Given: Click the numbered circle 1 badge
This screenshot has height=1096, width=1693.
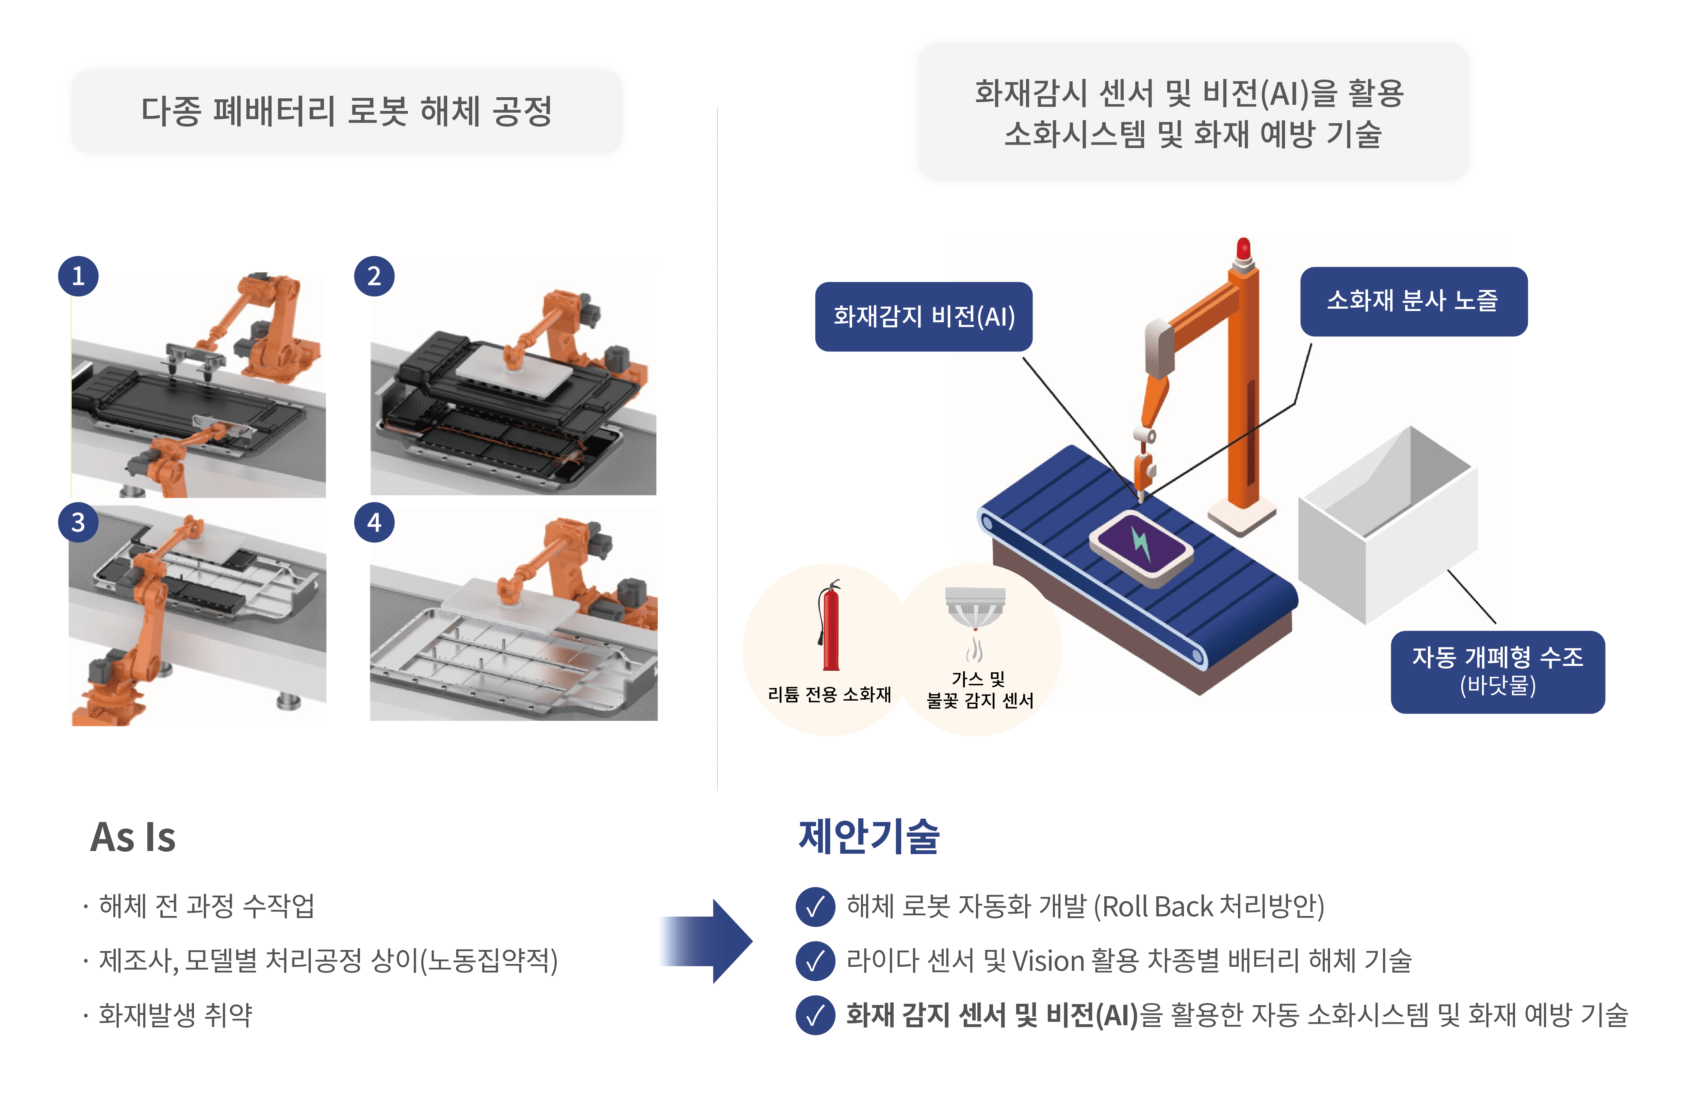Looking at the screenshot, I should [78, 276].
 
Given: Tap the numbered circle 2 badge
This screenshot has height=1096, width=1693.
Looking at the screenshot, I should [374, 276].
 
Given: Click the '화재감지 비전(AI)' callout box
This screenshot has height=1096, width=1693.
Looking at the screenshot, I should [923, 316].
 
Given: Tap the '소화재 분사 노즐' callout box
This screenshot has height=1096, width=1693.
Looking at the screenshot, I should [1413, 301].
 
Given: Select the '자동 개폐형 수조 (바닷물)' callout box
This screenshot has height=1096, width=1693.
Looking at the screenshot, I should [1497, 671].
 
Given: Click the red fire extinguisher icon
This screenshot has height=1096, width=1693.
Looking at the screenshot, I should [829, 626].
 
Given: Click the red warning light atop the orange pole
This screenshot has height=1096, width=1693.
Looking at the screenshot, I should [1243, 249].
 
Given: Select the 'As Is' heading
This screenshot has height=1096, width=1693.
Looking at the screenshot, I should [133, 837].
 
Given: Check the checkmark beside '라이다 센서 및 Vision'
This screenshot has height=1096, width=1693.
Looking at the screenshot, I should [815, 961].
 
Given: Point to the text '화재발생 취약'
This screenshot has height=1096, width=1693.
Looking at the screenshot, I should [175, 1014].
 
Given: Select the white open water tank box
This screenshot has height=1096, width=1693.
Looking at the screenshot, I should [1387, 526].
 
